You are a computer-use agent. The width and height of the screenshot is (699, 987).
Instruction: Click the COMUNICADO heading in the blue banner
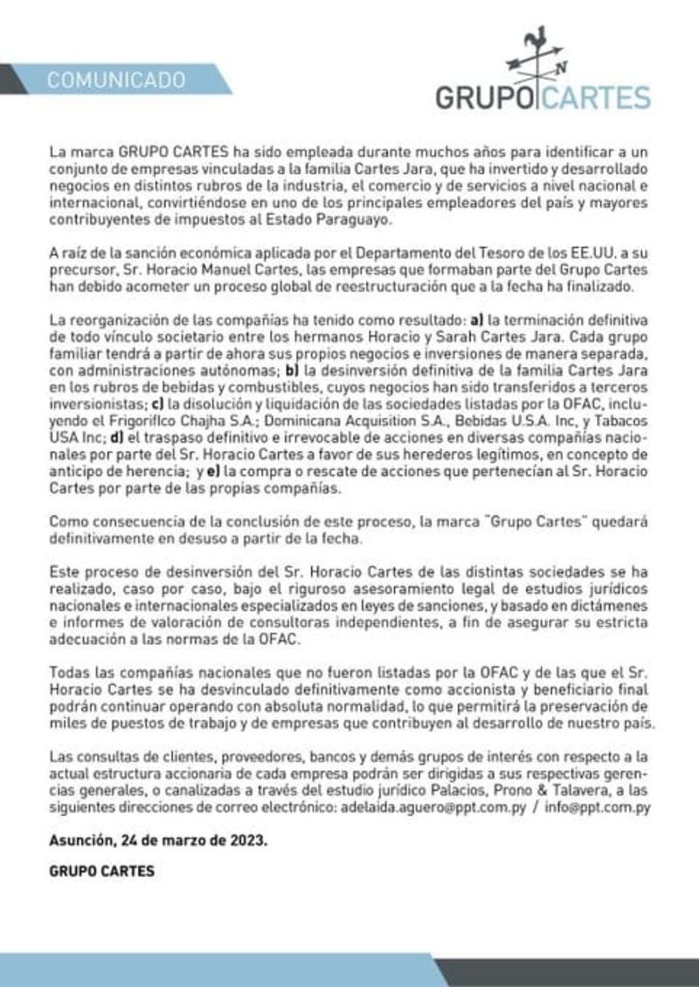point(116,80)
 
